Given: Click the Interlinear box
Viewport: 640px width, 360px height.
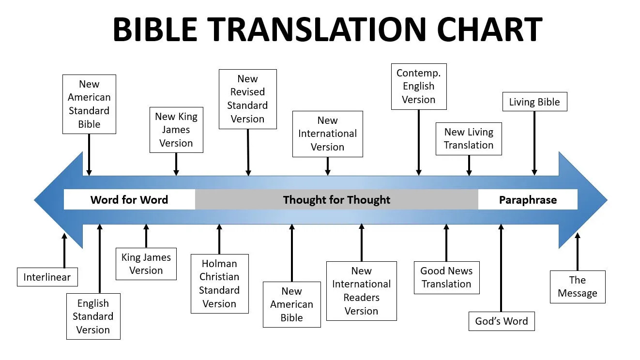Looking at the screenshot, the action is coord(47,277).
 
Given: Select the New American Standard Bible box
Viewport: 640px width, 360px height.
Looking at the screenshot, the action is coord(89,104).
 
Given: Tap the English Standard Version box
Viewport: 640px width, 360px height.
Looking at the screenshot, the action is coord(93,316).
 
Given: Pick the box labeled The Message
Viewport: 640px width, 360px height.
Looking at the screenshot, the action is coord(578,286).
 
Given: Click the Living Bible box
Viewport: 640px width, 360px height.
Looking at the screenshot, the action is coord(535,102).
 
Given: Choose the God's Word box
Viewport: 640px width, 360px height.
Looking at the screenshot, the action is coord(502,321).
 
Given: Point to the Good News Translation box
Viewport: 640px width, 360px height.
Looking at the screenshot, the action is coord(446,277).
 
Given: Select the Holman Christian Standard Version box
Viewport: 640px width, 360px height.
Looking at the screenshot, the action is coord(220,284).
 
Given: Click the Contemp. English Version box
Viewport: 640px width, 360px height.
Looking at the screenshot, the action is coord(419,87).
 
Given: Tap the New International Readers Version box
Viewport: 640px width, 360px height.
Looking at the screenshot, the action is coord(362,291).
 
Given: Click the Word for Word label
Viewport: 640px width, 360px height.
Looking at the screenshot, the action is coord(129,199).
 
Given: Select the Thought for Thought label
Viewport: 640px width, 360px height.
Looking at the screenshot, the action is coord(336,200).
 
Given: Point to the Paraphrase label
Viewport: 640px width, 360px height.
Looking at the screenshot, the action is coord(528,200).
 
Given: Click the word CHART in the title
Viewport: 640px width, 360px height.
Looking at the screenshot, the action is coord(489,30).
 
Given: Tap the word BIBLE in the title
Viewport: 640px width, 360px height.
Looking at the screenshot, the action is coord(155,30).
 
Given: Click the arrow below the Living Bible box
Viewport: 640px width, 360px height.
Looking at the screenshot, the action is coord(534,143).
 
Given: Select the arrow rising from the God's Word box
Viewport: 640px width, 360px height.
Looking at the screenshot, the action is coord(501,268).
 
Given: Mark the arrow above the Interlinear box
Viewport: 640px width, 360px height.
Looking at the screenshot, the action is coord(64,250).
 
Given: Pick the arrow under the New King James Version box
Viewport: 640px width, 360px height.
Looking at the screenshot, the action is coord(176,164).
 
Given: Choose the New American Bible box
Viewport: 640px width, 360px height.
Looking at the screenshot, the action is coord(292,304).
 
